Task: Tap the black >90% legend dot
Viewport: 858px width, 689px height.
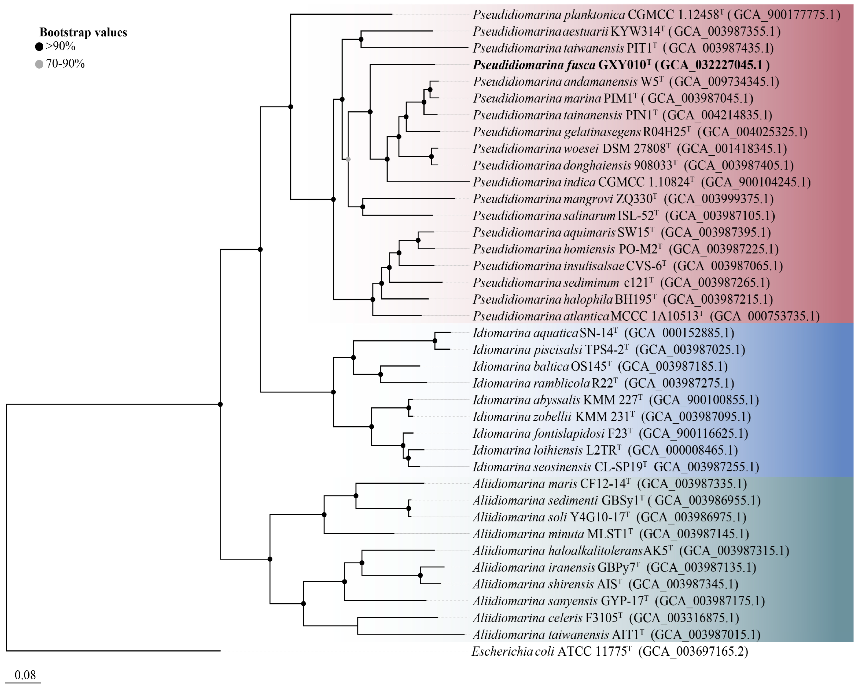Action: [x=39, y=47]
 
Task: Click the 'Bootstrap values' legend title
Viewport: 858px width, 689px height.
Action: [x=83, y=32]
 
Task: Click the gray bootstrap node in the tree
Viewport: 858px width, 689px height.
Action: [x=348, y=159]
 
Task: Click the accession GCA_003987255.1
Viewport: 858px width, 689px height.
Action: [x=706, y=467]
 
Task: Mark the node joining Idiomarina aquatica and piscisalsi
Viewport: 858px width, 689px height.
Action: [x=435, y=341]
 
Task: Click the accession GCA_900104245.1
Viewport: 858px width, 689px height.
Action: [x=756, y=182]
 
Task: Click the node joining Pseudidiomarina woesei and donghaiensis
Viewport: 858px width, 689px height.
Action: [x=432, y=156]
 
